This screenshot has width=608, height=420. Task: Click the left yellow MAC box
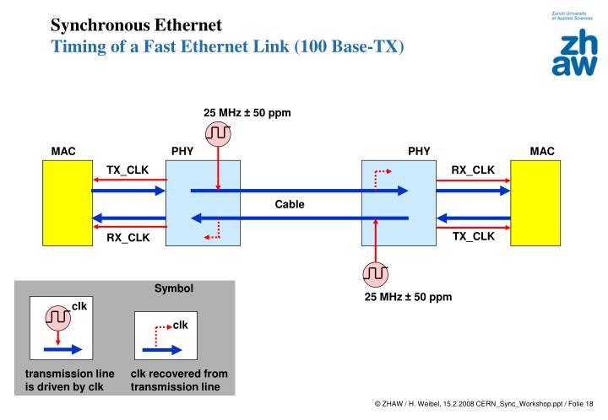(x=68, y=203)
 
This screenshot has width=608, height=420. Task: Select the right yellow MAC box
(x=535, y=203)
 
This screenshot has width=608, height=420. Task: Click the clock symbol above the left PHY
(x=218, y=133)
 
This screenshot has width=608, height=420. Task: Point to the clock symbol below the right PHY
(x=375, y=274)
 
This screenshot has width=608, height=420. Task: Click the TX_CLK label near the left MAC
(x=128, y=170)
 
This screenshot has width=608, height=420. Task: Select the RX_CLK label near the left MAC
(x=128, y=237)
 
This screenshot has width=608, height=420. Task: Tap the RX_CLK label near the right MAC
(x=473, y=170)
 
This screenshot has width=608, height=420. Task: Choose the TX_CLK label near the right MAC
(x=474, y=236)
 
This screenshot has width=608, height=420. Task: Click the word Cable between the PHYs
(x=290, y=204)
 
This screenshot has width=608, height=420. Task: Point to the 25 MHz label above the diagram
(x=247, y=113)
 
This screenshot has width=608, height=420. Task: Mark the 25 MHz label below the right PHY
(x=408, y=297)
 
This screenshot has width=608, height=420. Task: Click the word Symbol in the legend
(x=174, y=288)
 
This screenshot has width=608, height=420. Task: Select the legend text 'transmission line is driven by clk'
(x=70, y=380)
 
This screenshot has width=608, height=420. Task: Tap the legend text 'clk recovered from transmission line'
(x=179, y=380)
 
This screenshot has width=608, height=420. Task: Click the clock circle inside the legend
(x=58, y=318)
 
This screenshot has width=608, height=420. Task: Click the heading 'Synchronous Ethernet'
(x=136, y=25)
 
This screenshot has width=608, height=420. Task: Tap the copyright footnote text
(x=484, y=404)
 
